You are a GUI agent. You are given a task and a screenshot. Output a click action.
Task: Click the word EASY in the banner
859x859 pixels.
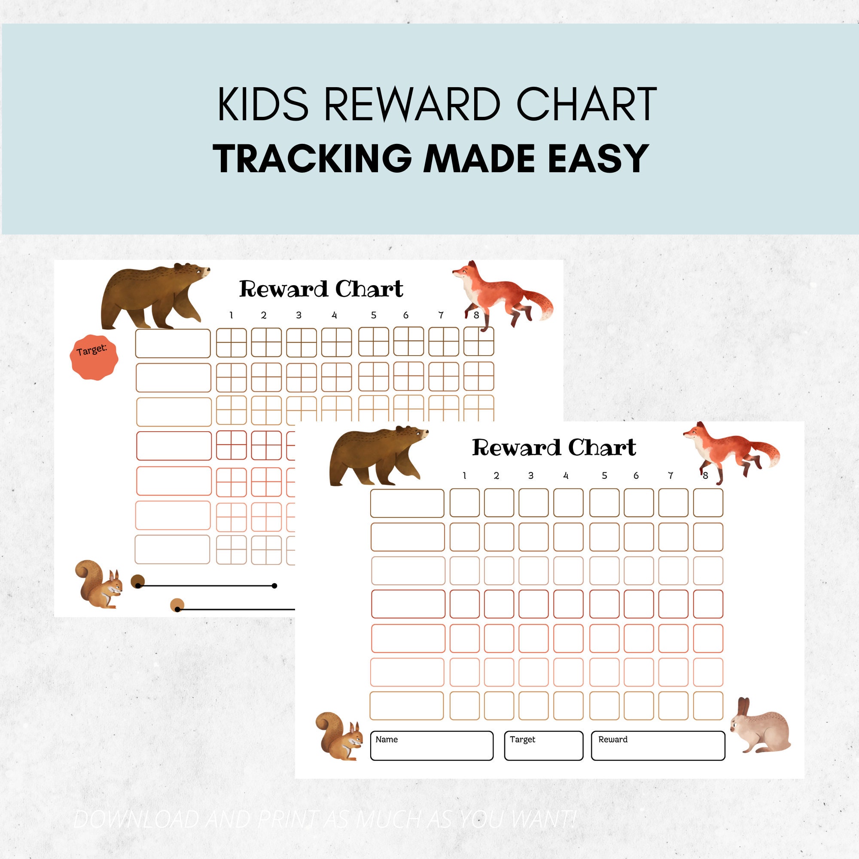coord(597,159)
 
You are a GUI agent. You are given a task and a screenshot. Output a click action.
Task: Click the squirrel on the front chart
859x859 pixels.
coord(340,740)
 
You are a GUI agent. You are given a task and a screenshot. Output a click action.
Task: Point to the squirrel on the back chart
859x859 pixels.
coord(99,584)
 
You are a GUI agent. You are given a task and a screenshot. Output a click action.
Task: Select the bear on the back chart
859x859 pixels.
coord(151,295)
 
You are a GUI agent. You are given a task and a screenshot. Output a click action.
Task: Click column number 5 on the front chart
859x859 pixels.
coord(604,476)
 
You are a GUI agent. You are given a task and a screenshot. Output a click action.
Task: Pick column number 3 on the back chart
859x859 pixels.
coord(299,315)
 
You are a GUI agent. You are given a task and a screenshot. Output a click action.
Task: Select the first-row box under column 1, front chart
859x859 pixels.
coord(464,503)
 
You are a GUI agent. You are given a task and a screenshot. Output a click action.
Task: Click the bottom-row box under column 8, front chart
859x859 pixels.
coord(708,705)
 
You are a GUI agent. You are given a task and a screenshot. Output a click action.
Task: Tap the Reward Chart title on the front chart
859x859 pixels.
coord(554,448)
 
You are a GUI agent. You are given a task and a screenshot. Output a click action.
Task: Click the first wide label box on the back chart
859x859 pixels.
coord(173,343)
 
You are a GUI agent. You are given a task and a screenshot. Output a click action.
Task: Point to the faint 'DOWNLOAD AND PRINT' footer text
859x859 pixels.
coord(325,819)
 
